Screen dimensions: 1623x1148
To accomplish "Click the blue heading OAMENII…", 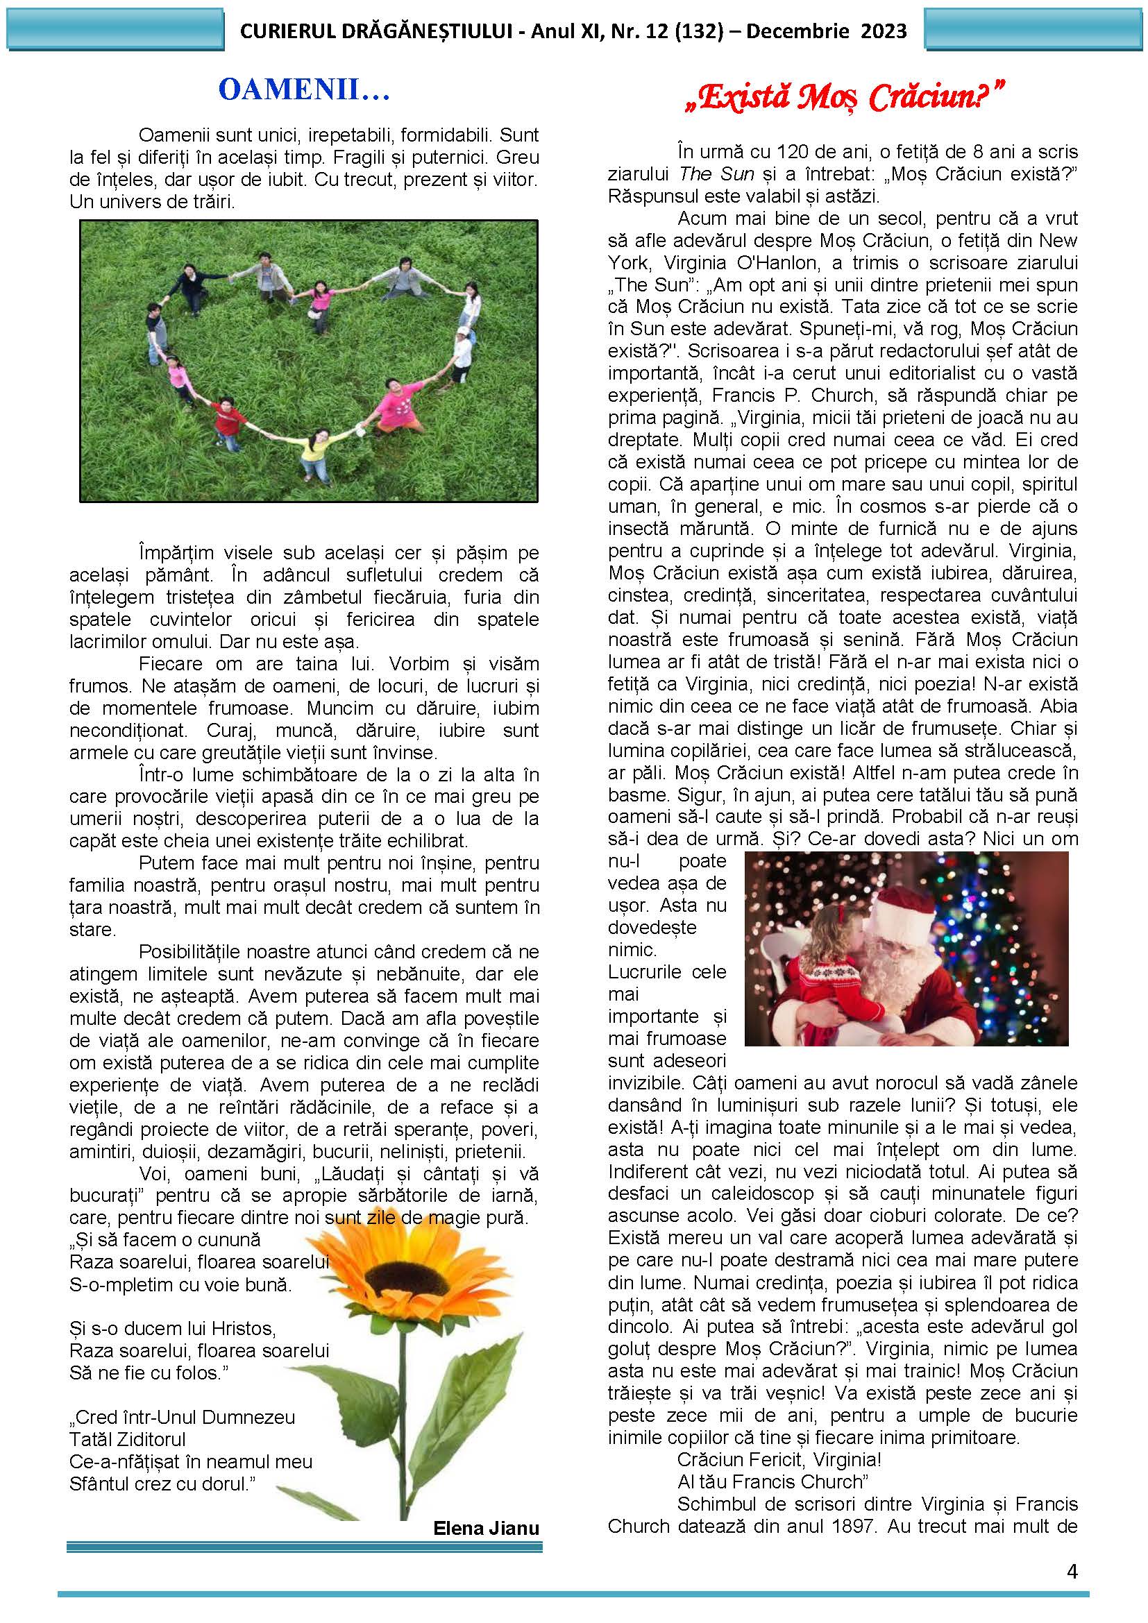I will (x=304, y=90).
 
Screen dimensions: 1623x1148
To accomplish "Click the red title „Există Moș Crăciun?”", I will (x=845, y=98).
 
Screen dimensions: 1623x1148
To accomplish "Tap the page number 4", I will (x=1072, y=1572).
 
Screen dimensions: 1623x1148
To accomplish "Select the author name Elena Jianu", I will (x=487, y=1527).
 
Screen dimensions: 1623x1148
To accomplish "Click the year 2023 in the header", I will (x=884, y=31).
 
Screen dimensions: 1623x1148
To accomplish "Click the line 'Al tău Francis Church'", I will (x=771, y=1481).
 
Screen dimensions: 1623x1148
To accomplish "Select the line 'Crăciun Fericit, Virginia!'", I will (x=779, y=1459).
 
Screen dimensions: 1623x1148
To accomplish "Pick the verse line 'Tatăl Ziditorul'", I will (x=128, y=1439).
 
